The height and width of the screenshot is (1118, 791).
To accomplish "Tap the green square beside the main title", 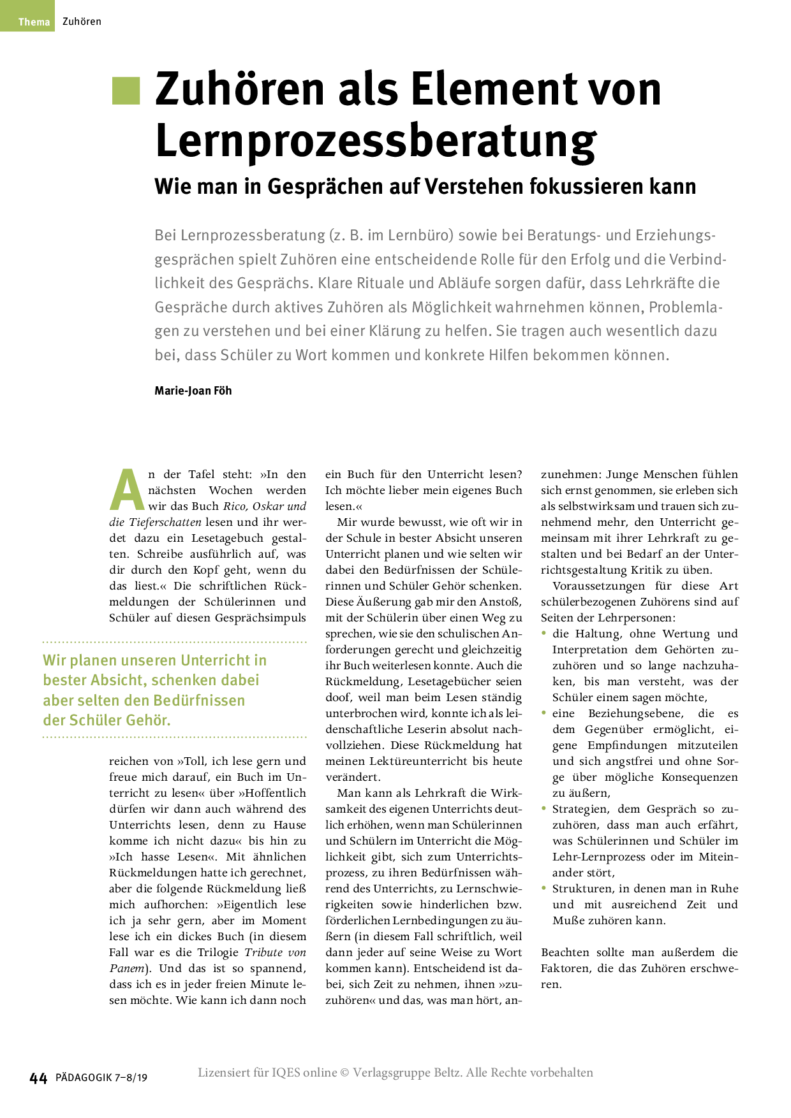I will (x=126, y=91).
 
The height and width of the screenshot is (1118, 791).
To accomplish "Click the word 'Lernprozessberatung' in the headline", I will (x=376, y=141).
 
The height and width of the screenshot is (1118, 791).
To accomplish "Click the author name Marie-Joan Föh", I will (x=193, y=391).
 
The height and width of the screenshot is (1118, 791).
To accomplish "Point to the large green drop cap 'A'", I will (x=128, y=491).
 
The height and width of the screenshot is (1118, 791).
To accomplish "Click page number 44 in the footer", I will (x=38, y=1078).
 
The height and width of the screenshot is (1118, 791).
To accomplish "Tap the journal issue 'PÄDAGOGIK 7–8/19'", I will (x=101, y=1078).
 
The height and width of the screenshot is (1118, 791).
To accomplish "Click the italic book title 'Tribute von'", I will (x=275, y=952).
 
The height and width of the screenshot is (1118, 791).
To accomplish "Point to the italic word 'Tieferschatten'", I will (x=165, y=522).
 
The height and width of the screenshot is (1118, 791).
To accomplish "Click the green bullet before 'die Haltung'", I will (x=544, y=633).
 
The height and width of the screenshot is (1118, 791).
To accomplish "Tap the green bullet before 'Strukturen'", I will (x=544, y=888).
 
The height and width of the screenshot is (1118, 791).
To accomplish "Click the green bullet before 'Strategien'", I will (x=544, y=808).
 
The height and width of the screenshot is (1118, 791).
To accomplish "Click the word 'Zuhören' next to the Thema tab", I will (x=82, y=22).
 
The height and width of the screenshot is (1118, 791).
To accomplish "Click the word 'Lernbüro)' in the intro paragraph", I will (x=420, y=235).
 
